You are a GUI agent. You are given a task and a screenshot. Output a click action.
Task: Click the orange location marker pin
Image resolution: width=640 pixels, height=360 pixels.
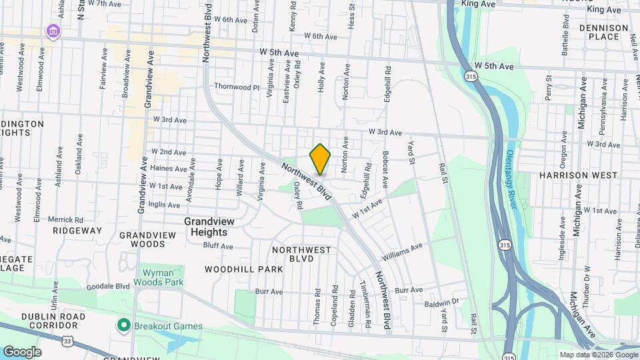point(320,159)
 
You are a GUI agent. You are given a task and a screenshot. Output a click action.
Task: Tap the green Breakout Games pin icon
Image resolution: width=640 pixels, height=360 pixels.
point(123,325)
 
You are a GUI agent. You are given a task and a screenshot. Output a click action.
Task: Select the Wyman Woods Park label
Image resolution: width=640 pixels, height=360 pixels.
point(162,278)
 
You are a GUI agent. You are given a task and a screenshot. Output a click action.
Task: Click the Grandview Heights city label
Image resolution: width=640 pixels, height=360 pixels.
point(206,226)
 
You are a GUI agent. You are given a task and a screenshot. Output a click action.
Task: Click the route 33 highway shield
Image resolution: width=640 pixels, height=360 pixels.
point(69,341)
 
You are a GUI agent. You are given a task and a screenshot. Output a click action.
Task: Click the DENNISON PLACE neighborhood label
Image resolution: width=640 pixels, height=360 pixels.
point(603,32)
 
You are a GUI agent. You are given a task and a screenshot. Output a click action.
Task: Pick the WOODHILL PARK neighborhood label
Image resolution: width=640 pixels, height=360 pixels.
point(244,269)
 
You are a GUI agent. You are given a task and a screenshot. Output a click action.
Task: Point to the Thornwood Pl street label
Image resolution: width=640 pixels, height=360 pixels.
point(236,87)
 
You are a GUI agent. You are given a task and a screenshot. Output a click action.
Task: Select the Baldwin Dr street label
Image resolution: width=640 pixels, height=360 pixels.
point(442,302)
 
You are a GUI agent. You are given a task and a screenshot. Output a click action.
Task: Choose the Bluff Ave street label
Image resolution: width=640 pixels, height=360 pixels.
point(218,246)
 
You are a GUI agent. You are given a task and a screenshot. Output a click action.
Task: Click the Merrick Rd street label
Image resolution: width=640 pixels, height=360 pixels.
point(65,219)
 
